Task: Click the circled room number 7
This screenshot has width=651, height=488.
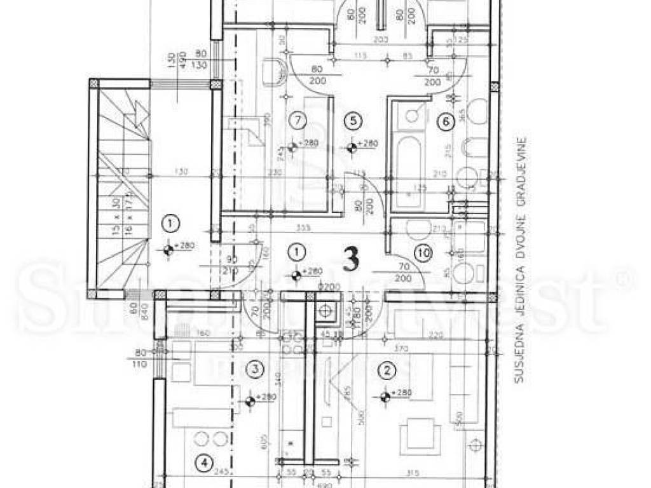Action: click(294, 118)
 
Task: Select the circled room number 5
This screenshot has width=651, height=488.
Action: click(353, 119)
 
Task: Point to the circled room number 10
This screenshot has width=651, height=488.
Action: click(423, 253)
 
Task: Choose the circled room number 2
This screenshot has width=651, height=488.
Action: click(385, 368)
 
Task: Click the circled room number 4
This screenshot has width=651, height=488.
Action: click(203, 463)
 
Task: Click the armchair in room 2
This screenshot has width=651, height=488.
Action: click(420, 436)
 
